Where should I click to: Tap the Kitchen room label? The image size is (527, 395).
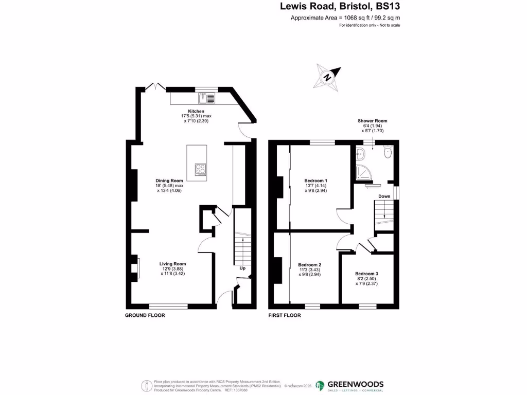[x=196, y=111]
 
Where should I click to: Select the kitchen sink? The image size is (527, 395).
[x=206, y=96]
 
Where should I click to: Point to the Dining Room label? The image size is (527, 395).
[x=169, y=181]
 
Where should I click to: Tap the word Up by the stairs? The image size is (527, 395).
[x=242, y=268]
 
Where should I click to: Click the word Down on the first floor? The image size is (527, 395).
[x=384, y=196]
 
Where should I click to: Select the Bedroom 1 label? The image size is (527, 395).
[x=315, y=181]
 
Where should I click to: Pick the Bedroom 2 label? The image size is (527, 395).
[x=309, y=265]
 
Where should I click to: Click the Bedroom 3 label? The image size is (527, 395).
[x=366, y=274]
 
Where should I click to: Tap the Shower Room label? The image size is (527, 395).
[x=373, y=121]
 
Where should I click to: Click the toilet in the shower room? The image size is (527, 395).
[x=388, y=152]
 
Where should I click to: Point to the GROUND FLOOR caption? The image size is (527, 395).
[x=145, y=315]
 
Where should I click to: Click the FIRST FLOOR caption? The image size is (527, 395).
[x=285, y=315]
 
